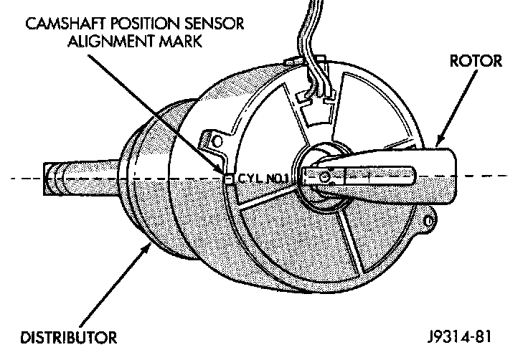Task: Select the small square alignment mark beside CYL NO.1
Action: click(229, 177)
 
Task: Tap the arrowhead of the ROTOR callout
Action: click(435, 143)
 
